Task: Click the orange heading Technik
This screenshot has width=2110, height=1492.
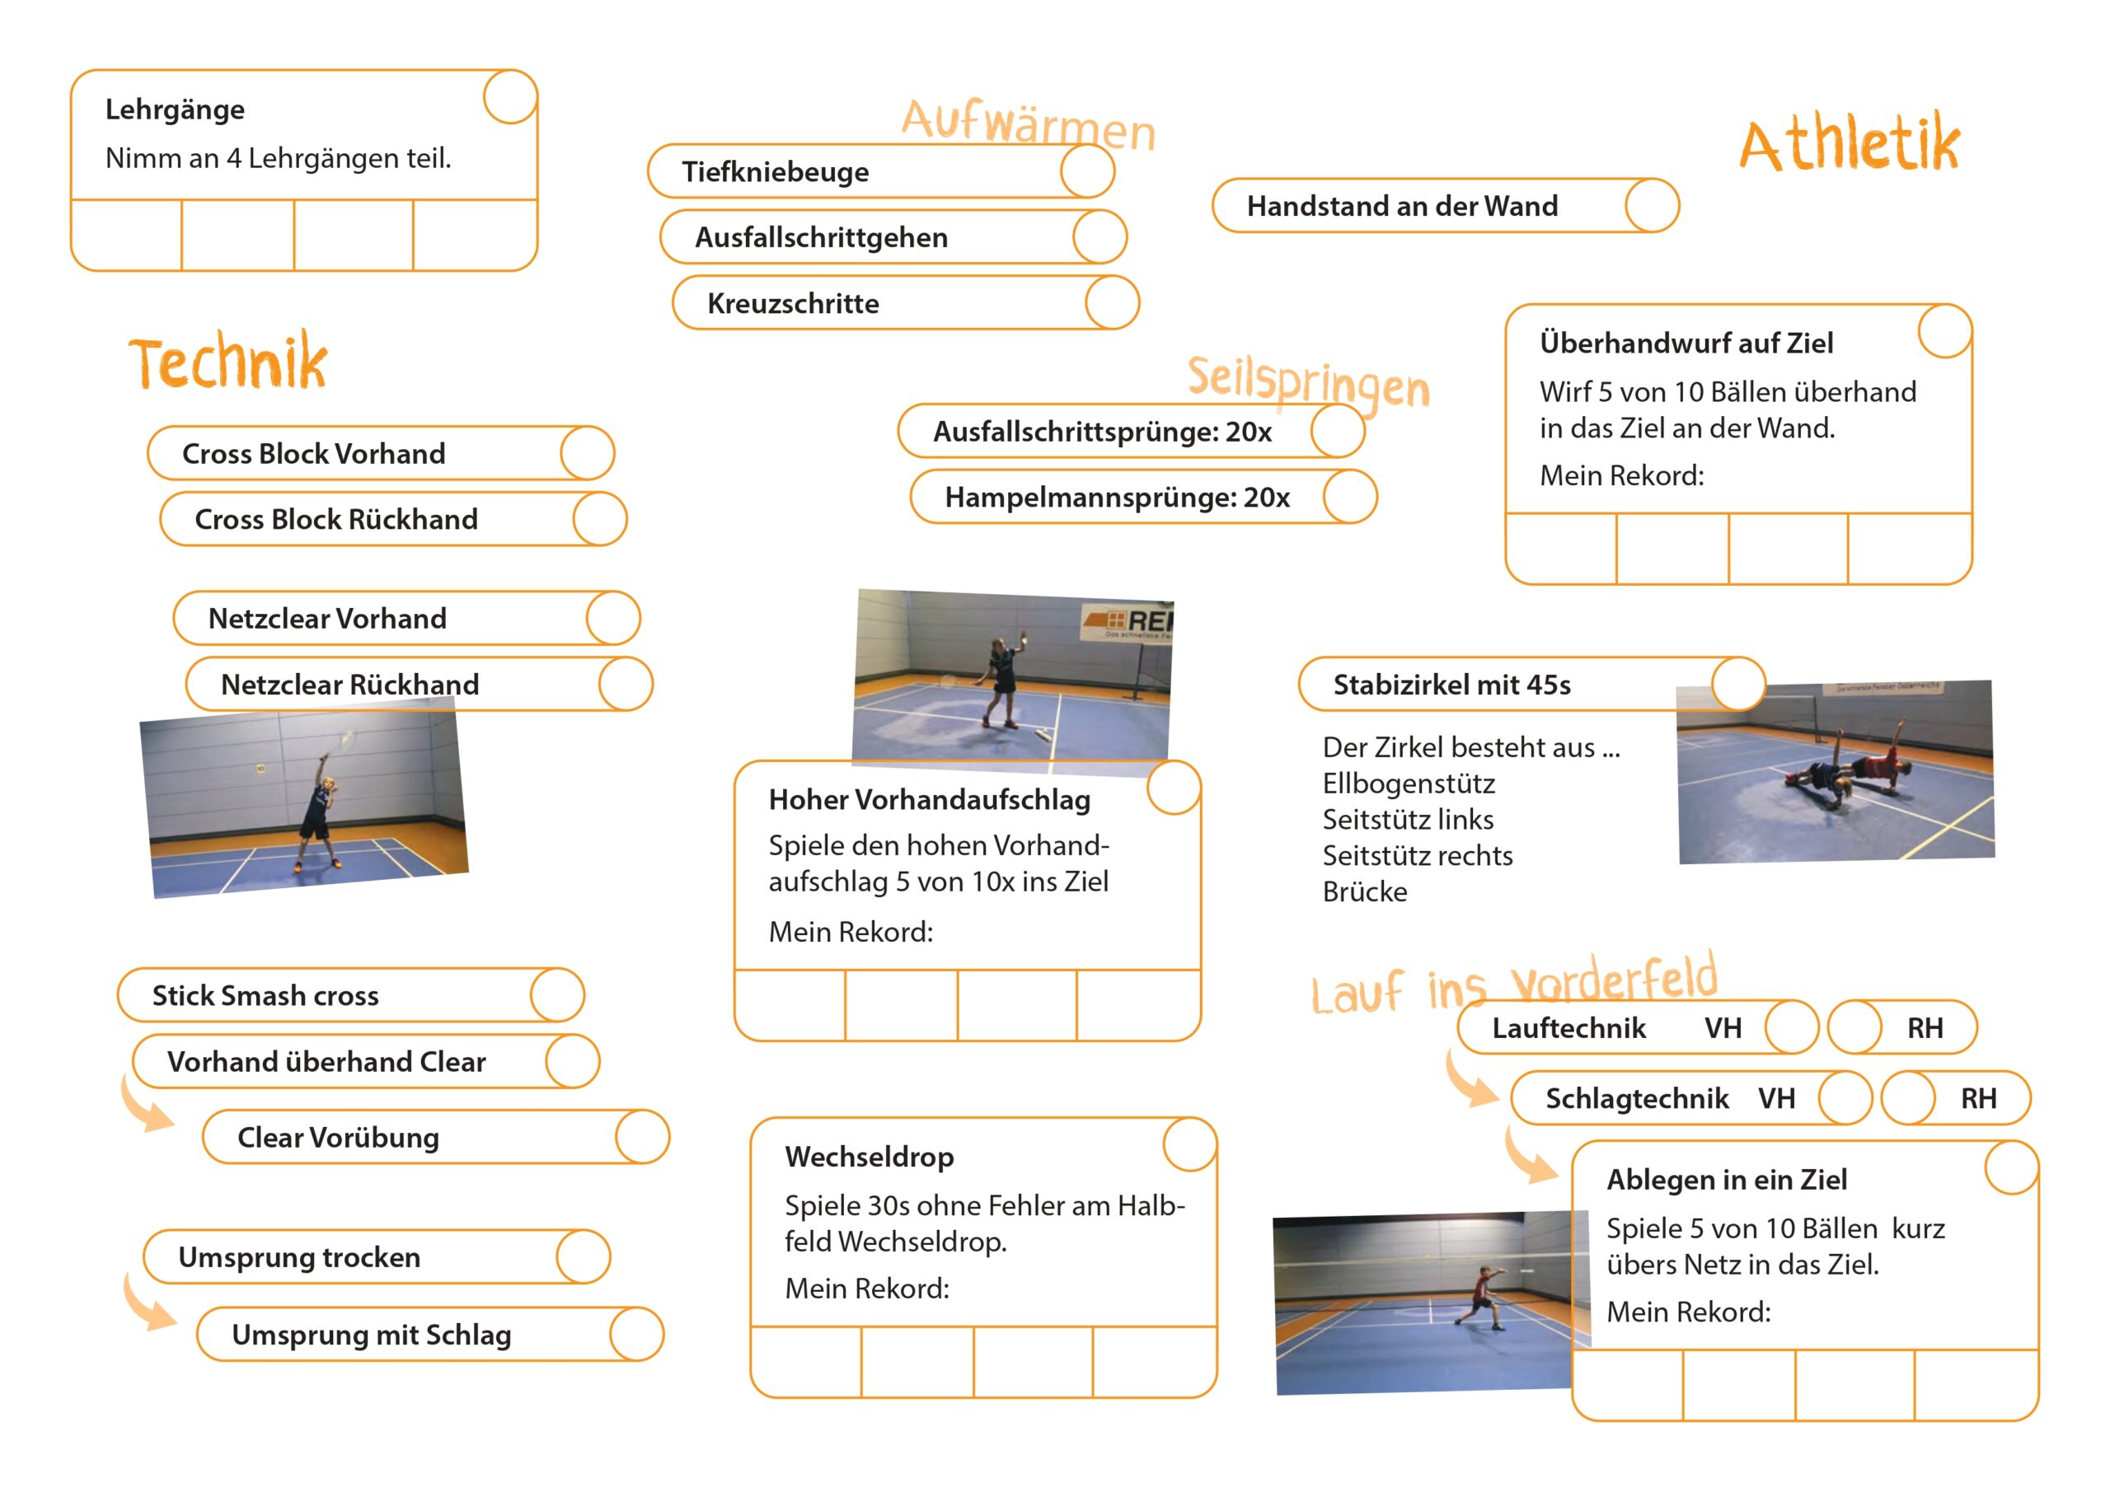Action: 228,362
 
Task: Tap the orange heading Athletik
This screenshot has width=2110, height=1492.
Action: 1849,145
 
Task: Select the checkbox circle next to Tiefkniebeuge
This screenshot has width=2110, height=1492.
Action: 1087,172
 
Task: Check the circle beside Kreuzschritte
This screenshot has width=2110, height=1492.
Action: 1112,303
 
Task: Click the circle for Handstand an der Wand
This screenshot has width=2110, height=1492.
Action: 1652,206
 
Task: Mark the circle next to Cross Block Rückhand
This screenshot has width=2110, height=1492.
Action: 600,519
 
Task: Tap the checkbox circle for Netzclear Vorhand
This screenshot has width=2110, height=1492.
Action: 613,618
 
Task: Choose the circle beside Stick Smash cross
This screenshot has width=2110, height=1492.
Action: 557,995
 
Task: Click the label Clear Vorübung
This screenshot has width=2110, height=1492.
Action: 338,1138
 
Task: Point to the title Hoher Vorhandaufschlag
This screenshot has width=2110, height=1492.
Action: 929,799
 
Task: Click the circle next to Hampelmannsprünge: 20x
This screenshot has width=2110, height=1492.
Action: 1350,497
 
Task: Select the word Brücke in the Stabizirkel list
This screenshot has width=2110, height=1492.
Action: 1365,892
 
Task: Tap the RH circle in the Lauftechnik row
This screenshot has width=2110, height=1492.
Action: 1854,1027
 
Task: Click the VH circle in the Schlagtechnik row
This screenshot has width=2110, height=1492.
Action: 1845,1098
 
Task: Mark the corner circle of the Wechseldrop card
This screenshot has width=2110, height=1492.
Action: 1190,1144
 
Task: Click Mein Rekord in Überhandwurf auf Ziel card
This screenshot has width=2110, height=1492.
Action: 1622,476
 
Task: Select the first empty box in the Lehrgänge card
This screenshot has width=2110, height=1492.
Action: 127,235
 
